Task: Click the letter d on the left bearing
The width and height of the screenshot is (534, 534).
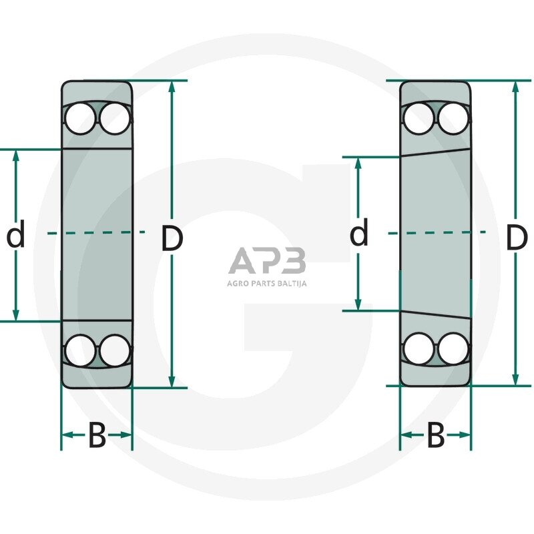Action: coord(15,236)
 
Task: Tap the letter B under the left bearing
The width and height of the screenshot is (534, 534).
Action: coord(97,437)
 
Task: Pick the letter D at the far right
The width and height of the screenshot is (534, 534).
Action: coord(516,238)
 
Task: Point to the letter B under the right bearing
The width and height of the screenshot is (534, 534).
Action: coord(435,437)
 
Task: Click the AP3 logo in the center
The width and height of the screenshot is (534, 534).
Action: coord(267,261)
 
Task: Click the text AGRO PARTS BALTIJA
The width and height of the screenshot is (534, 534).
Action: coord(267,282)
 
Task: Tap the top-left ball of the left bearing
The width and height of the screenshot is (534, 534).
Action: coord(80,119)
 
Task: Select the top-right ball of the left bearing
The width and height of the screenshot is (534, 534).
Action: coord(114,119)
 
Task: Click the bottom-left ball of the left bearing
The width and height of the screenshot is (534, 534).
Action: coord(80,350)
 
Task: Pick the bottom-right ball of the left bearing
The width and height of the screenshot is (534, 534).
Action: coord(114,350)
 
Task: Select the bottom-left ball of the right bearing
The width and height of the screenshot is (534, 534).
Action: coord(419,348)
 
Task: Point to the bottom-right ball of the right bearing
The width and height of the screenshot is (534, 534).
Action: coord(453,348)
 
